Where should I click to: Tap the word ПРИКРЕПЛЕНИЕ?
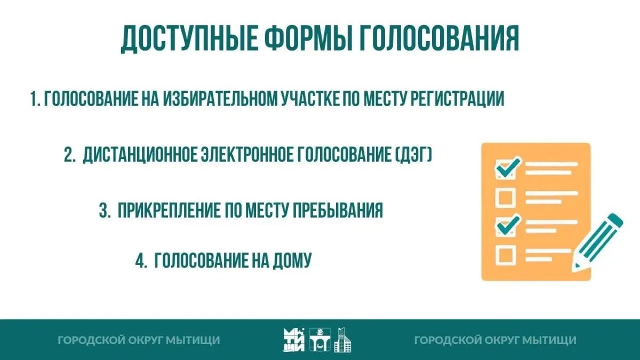point(169,211)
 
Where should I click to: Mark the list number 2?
point(69,155)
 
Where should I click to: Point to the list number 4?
point(141,261)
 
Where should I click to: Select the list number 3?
point(105,211)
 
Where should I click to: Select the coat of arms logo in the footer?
point(320,339)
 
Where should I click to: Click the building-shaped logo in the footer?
point(342,340)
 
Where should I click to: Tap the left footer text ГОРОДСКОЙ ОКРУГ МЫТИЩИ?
point(139,340)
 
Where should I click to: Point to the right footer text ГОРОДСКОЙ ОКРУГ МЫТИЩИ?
point(495,340)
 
